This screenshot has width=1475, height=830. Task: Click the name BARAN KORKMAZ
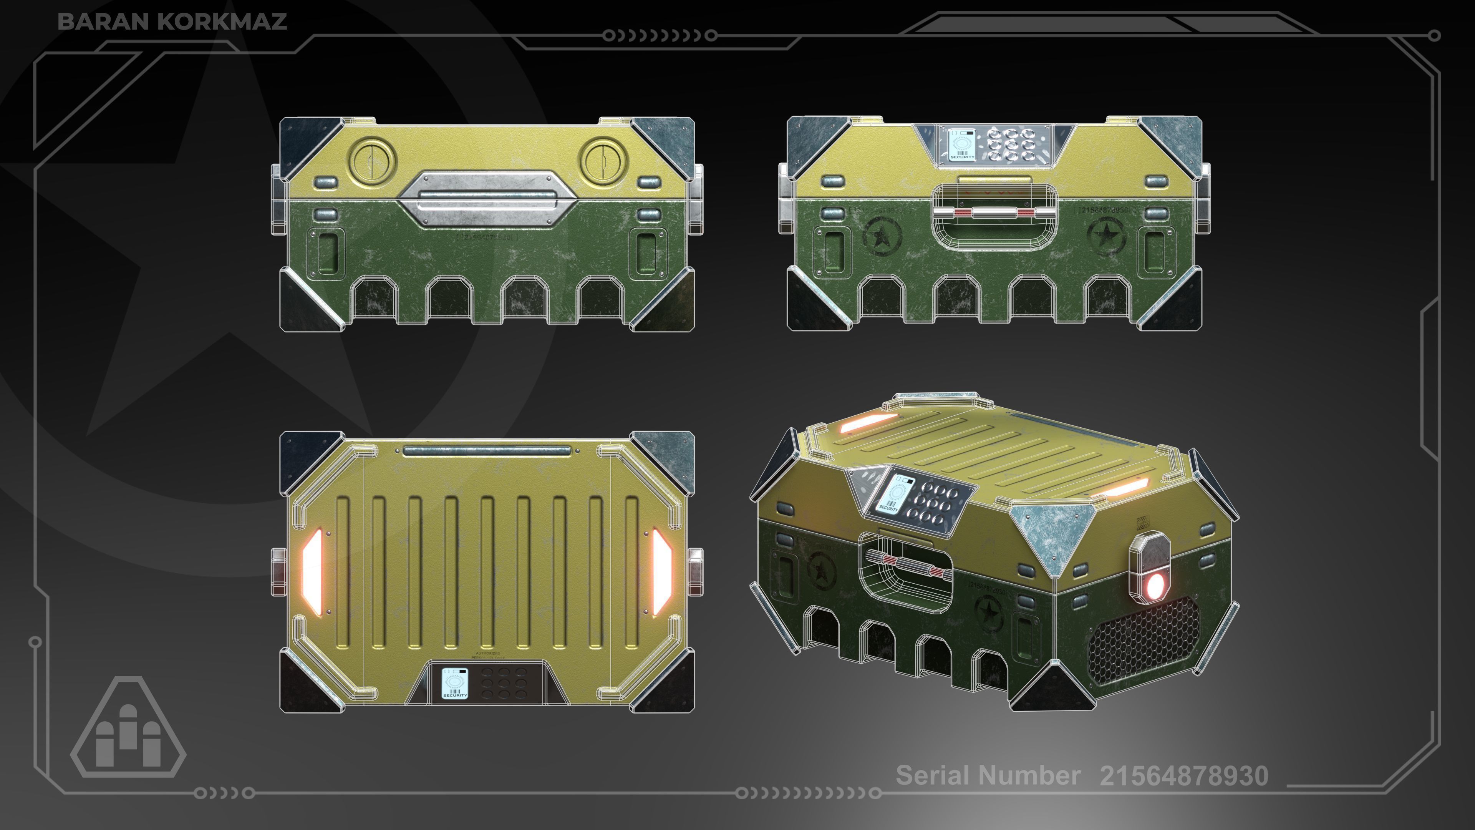pyautogui.click(x=172, y=22)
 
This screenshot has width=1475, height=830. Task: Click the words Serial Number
pyautogui.click(x=988, y=775)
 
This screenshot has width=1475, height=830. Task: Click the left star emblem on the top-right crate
pyautogui.click(x=882, y=236)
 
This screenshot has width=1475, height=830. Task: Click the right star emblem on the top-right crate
pyautogui.click(x=1106, y=235)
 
